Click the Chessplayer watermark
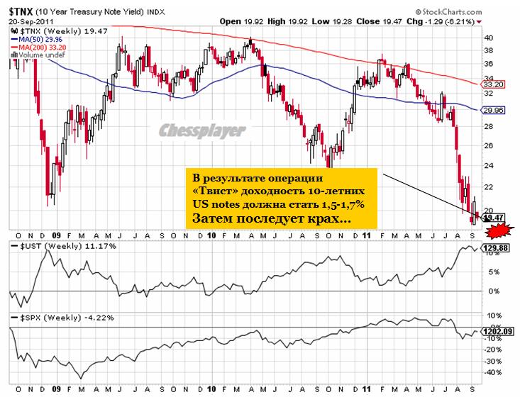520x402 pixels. (201, 130)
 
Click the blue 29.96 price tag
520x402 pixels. (493, 111)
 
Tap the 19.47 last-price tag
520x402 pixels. (493, 218)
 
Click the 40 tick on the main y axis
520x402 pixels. (488, 37)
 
